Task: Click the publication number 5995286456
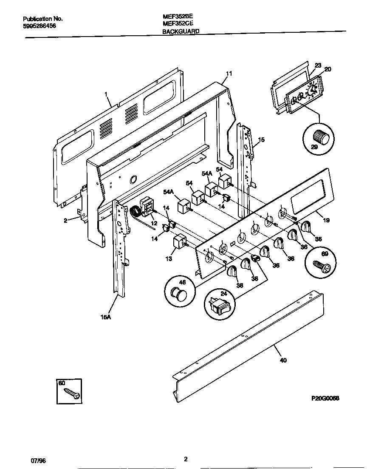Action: point(39,26)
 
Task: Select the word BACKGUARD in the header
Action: point(181,31)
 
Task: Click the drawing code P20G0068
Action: point(325,398)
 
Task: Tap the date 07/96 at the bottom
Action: point(38,460)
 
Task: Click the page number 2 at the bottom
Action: point(186,459)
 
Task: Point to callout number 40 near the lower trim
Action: point(283,360)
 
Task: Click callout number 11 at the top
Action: point(229,74)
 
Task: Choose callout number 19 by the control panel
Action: point(326,220)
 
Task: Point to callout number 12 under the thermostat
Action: point(154,223)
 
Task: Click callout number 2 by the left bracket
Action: point(66,220)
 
